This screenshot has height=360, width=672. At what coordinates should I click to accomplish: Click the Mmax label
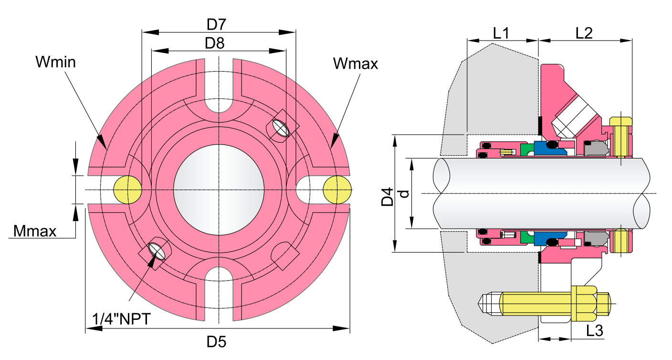35,232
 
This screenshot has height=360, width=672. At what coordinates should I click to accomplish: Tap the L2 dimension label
584,33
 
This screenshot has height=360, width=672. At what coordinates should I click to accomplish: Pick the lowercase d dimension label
404,193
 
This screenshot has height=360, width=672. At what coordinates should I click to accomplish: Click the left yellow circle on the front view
127,189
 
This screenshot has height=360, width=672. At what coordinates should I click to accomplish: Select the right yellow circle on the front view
337,189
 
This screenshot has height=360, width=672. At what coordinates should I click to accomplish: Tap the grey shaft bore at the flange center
219,189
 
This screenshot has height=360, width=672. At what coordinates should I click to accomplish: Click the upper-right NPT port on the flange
281,128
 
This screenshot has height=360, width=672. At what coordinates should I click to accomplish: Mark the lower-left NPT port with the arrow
158,249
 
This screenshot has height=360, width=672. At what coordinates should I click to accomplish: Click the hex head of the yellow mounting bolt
584,303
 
